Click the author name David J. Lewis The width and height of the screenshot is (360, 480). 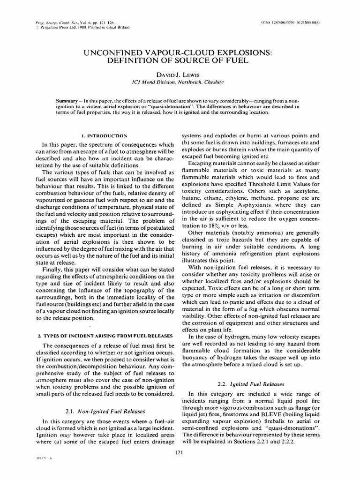180,74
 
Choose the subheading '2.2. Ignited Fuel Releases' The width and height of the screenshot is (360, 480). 251,383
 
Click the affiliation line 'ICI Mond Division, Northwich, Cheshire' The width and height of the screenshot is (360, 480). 180,82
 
